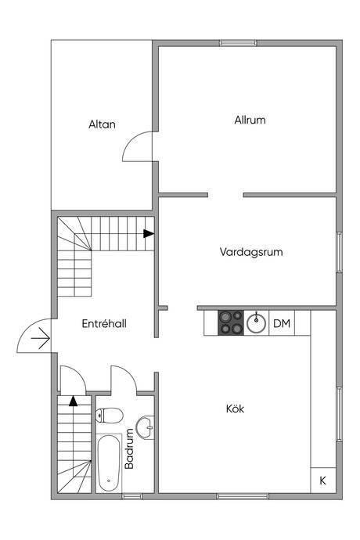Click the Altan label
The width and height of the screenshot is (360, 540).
click(102, 124)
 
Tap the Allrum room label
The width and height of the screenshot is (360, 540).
click(250, 121)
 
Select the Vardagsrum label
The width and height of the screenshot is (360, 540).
click(251, 252)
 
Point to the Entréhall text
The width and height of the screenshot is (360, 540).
click(104, 324)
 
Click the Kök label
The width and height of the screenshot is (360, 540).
click(236, 409)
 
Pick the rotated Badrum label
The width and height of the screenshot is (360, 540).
click(129, 448)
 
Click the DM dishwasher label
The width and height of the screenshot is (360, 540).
click(282, 323)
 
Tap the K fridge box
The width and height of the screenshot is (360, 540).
click(322, 480)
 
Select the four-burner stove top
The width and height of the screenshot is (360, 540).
click(230, 322)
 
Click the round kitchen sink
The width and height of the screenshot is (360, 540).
click(257, 323)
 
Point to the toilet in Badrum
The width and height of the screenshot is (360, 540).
click(110, 416)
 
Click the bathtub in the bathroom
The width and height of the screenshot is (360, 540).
click(109, 463)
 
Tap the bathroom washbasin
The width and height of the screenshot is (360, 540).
click(145, 427)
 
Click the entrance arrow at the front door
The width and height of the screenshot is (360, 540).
click(41, 338)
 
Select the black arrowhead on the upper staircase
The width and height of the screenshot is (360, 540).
click(149, 233)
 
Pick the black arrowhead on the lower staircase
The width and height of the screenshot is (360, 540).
click(73, 401)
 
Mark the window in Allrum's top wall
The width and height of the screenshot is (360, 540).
click(239, 43)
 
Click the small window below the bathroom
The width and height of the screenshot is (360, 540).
click(132, 496)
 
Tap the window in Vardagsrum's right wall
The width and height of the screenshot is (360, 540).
click(340, 253)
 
